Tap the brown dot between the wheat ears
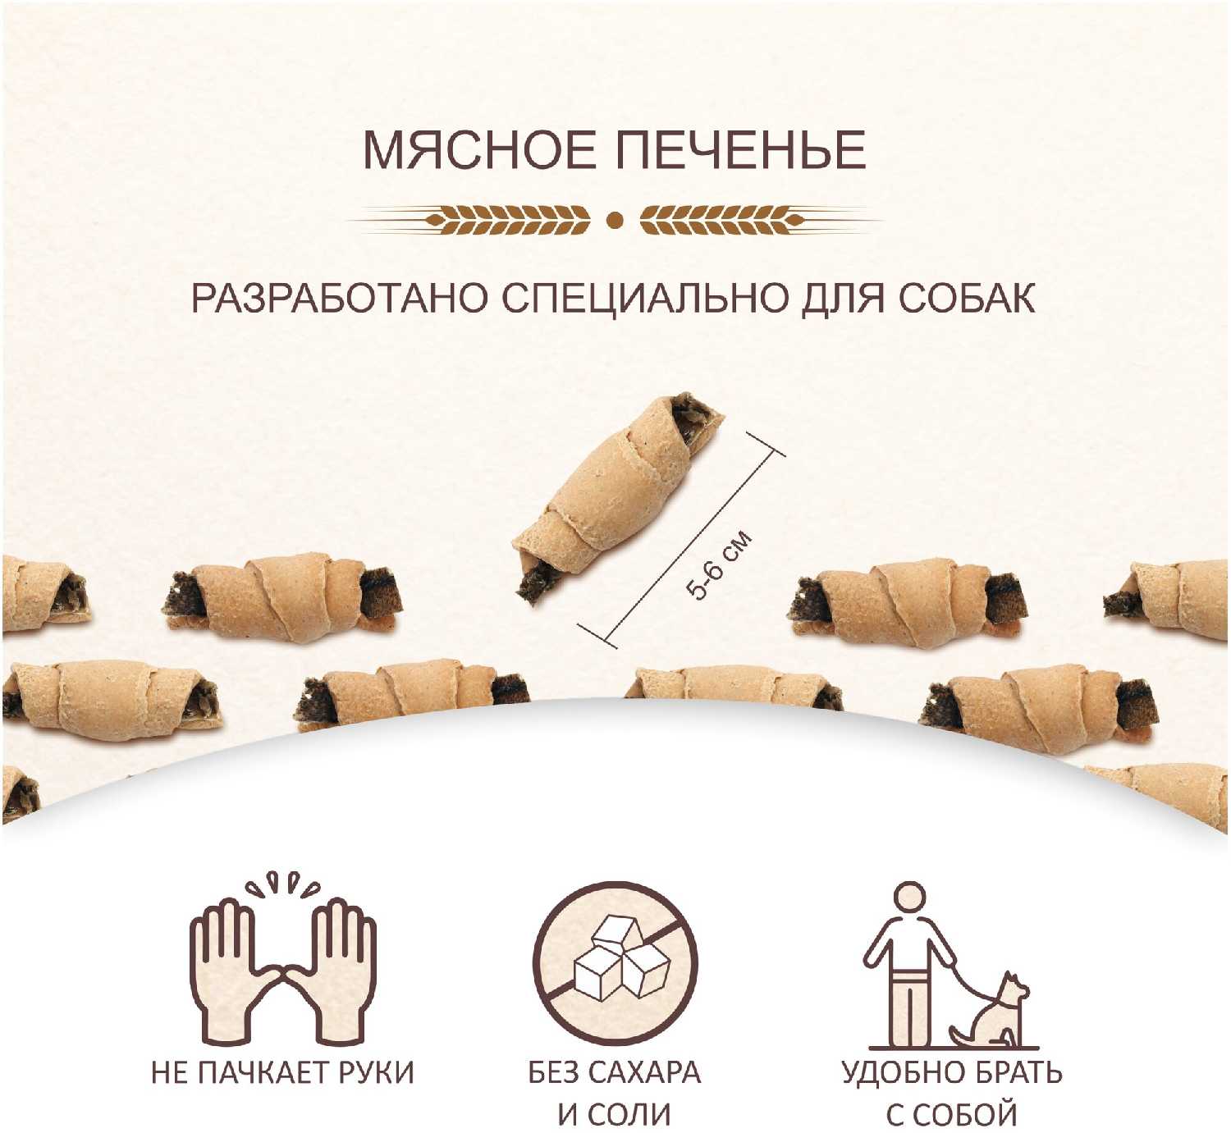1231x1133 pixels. pyautogui.click(x=615, y=221)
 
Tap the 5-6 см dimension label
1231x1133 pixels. pyautogui.click(x=719, y=565)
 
